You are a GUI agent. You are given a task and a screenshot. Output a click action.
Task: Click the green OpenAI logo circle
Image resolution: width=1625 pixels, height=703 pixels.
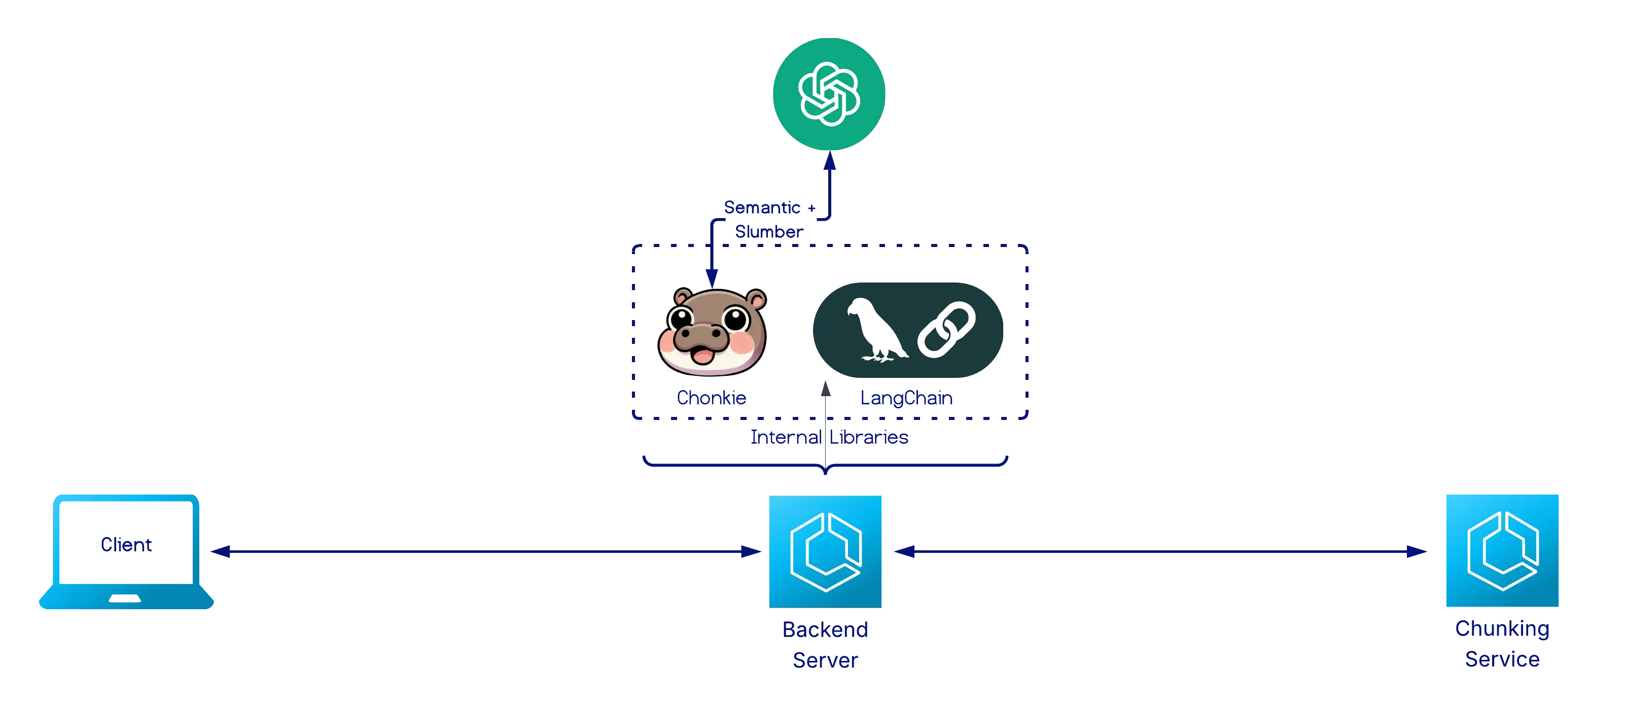(x=829, y=93)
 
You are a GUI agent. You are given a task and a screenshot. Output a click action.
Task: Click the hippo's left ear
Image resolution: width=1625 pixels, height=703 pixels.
(x=682, y=297)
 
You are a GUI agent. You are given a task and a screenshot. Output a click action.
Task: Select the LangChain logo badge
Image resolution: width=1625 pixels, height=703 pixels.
(x=908, y=330)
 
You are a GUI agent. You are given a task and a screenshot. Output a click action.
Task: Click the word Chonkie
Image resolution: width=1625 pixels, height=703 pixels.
(x=711, y=398)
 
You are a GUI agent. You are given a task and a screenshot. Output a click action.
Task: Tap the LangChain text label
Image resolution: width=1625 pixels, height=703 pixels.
(x=906, y=398)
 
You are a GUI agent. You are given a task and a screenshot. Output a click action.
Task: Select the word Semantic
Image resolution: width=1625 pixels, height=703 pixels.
(x=762, y=207)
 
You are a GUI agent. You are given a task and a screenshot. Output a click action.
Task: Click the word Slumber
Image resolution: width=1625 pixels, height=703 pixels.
(x=768, y=232)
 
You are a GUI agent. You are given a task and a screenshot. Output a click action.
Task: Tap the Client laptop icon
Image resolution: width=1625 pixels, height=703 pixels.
(x=126, y=551)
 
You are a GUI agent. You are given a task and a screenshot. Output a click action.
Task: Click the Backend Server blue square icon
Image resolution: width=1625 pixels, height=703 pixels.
(x=825, y=551)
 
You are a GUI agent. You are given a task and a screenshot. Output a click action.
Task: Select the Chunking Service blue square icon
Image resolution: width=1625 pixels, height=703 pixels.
(x=1503, y=550)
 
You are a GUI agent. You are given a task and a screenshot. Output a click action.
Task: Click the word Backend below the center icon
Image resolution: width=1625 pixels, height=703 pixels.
(x=825, y=629)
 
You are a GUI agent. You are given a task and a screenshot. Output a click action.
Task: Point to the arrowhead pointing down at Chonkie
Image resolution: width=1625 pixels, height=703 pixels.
(x=712, y=277)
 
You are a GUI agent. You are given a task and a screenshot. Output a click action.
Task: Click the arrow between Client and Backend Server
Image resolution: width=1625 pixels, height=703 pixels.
(x=486, y=551)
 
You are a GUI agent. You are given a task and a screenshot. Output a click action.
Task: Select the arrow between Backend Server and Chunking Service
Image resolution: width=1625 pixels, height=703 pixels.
(x=1161, y=551)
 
